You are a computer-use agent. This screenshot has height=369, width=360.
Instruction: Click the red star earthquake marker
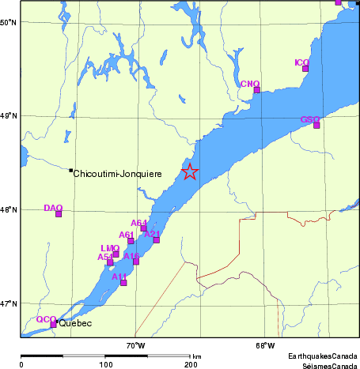pos(189,171)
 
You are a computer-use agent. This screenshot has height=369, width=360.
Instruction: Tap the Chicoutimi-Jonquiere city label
pos(117,173)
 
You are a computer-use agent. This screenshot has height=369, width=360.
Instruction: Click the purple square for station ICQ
pos(305,69)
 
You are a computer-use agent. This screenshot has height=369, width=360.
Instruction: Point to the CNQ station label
pos(249,83)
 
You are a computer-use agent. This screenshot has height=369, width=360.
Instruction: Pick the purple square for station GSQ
pos(316,125)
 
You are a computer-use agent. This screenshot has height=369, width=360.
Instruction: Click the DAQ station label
pos(53,208)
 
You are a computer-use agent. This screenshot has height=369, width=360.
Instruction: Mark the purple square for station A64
pos(144,228)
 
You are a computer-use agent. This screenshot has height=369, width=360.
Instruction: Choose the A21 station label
pos(153,233)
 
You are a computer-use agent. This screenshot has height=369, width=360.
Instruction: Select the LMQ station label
pos(110,248)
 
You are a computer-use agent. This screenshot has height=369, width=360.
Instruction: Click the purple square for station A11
pos(123,282)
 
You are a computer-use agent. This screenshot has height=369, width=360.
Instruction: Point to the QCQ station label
pos(45,319)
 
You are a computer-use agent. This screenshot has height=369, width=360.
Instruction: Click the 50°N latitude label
pos(9,22)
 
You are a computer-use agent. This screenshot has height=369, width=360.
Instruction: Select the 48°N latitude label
pos(9,209)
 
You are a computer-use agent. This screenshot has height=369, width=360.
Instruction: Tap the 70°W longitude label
pos(136,345)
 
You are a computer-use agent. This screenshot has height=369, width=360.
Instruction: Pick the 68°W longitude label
pos(265,345)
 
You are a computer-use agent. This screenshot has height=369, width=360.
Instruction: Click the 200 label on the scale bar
pos(190,364)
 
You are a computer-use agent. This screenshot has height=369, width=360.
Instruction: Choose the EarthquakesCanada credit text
pos(322,357)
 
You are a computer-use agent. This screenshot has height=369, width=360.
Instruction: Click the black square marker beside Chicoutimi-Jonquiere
pos(70,170)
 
